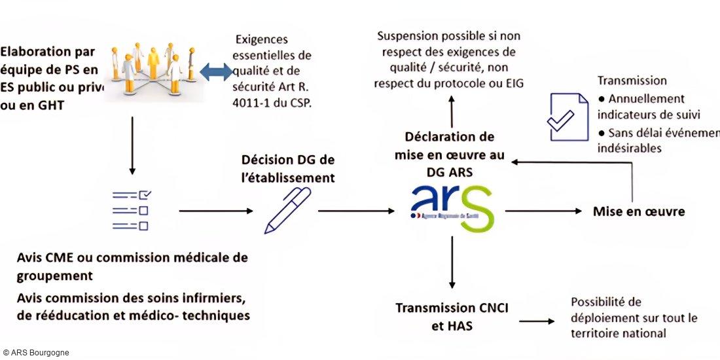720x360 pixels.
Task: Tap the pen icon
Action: click(x=288, y=210)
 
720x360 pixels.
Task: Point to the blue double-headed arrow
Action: click(x=215, y=72)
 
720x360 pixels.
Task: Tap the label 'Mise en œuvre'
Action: click(x=638, y=211)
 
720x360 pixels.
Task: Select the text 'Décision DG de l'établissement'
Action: click(x=288, y=168)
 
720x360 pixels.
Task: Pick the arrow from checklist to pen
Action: click(x=216, y=211)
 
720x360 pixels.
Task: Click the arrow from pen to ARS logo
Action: click(x=357, y=211)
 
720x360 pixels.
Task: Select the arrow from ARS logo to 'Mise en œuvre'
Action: click(x=543, y=211)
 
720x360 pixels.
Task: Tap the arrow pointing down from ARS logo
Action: click(x=452, y=262)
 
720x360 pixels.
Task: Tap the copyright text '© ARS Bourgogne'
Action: click(x=36, y=353)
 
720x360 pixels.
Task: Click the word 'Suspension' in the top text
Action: click(x=408, y=36)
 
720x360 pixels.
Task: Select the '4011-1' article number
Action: click(x=251, y=103)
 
